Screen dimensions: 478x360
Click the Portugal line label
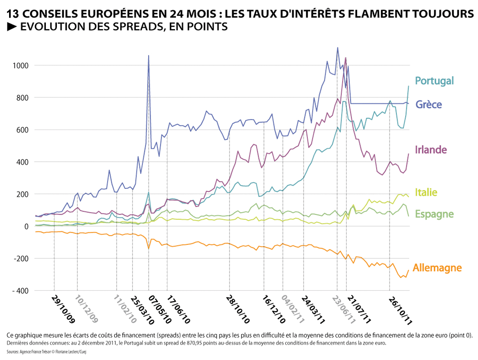tap(434, 81)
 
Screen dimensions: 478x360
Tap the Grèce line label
tap(429, 105)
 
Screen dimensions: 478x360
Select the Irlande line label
tap(431, 150)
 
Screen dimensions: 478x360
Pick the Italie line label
tap(426, 192)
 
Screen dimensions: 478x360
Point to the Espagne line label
tap(434, 214)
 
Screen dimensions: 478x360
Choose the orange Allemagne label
tap(437, 268)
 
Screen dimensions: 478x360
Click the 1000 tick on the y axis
tap(21, 65)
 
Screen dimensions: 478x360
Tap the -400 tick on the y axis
tap(21, 291)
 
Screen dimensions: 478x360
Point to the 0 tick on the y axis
tap(26, 227)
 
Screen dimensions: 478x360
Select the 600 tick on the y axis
tap(22, 130)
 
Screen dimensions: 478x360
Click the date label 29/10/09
tap(63, 309)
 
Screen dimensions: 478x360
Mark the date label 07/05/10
tap(160, 309)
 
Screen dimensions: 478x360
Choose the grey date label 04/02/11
tap(293, 309)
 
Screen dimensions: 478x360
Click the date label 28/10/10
tap(238, 309)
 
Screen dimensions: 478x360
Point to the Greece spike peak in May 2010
tap(149, 55)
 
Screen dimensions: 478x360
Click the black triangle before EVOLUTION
tap(12, 27)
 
